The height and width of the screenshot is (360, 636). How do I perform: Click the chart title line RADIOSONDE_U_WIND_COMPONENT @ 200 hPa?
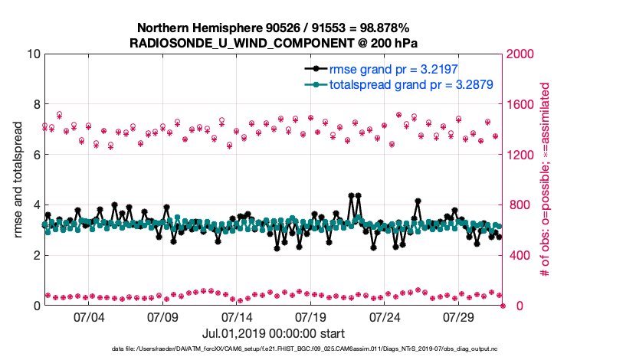tap(274, 43)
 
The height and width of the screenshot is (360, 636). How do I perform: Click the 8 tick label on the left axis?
tap(35, 104)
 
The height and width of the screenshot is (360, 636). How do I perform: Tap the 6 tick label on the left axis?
tap(35, 155)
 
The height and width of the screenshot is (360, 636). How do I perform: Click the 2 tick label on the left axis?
tap(35, 255)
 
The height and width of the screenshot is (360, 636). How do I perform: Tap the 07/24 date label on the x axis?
tap(385, 317)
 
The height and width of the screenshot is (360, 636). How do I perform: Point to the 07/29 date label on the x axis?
tap(460, 317)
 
